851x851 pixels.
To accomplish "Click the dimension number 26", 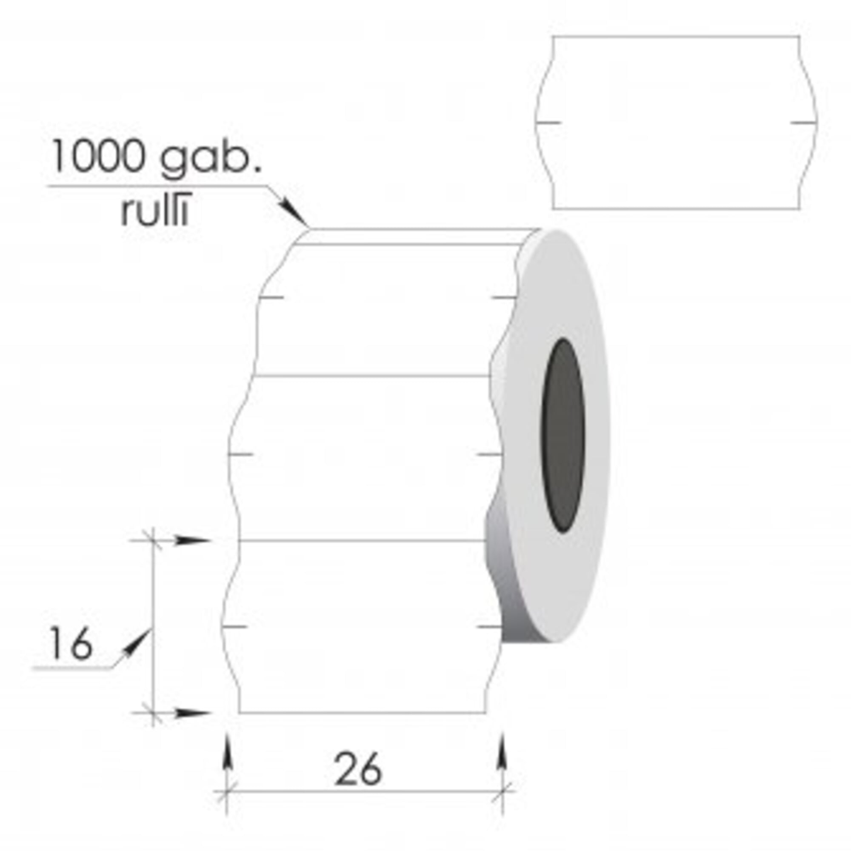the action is click(358, 769).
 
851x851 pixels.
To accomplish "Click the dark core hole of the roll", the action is click(563, 435).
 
